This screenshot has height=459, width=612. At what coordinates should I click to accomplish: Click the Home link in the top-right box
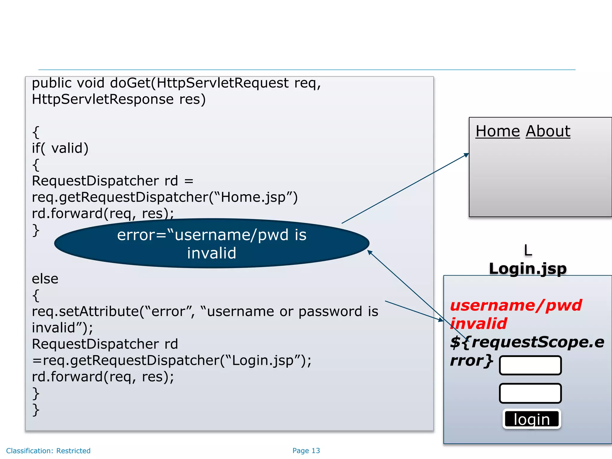pyautogui.click(x=498, y=131)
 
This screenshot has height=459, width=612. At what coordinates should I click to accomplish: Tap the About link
pyautogui.click(x=548, y=131)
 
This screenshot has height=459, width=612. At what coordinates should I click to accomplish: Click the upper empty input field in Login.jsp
pyautogui.click(x=530, y=365)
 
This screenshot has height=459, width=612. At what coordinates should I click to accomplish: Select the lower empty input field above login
pyautogui.click(x=530, y=393)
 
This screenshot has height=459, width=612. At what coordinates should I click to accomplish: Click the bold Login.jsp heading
pyautogui.click(x=528, y=268)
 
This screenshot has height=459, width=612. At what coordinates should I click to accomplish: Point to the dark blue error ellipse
pyautogui.click(x=212, y=244)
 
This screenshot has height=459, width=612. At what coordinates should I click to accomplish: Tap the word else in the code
pyautogui.click(x=45, y=279)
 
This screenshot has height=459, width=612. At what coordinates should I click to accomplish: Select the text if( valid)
pyautogui.click(x=60, y=148)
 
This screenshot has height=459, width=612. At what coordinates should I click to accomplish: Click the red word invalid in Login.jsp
pyautogui.click(x=478, y=324)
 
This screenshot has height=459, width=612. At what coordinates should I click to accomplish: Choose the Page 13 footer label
pyautogui.click(x=306, y=451)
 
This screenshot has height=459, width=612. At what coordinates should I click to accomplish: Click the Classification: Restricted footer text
pyautogui.click(x=48, y=451)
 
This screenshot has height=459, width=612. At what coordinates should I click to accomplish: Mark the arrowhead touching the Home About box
pyautogui.click(x=466, y=155)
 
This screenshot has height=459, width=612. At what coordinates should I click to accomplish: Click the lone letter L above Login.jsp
pyautogui.click(x=528, y=250)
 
